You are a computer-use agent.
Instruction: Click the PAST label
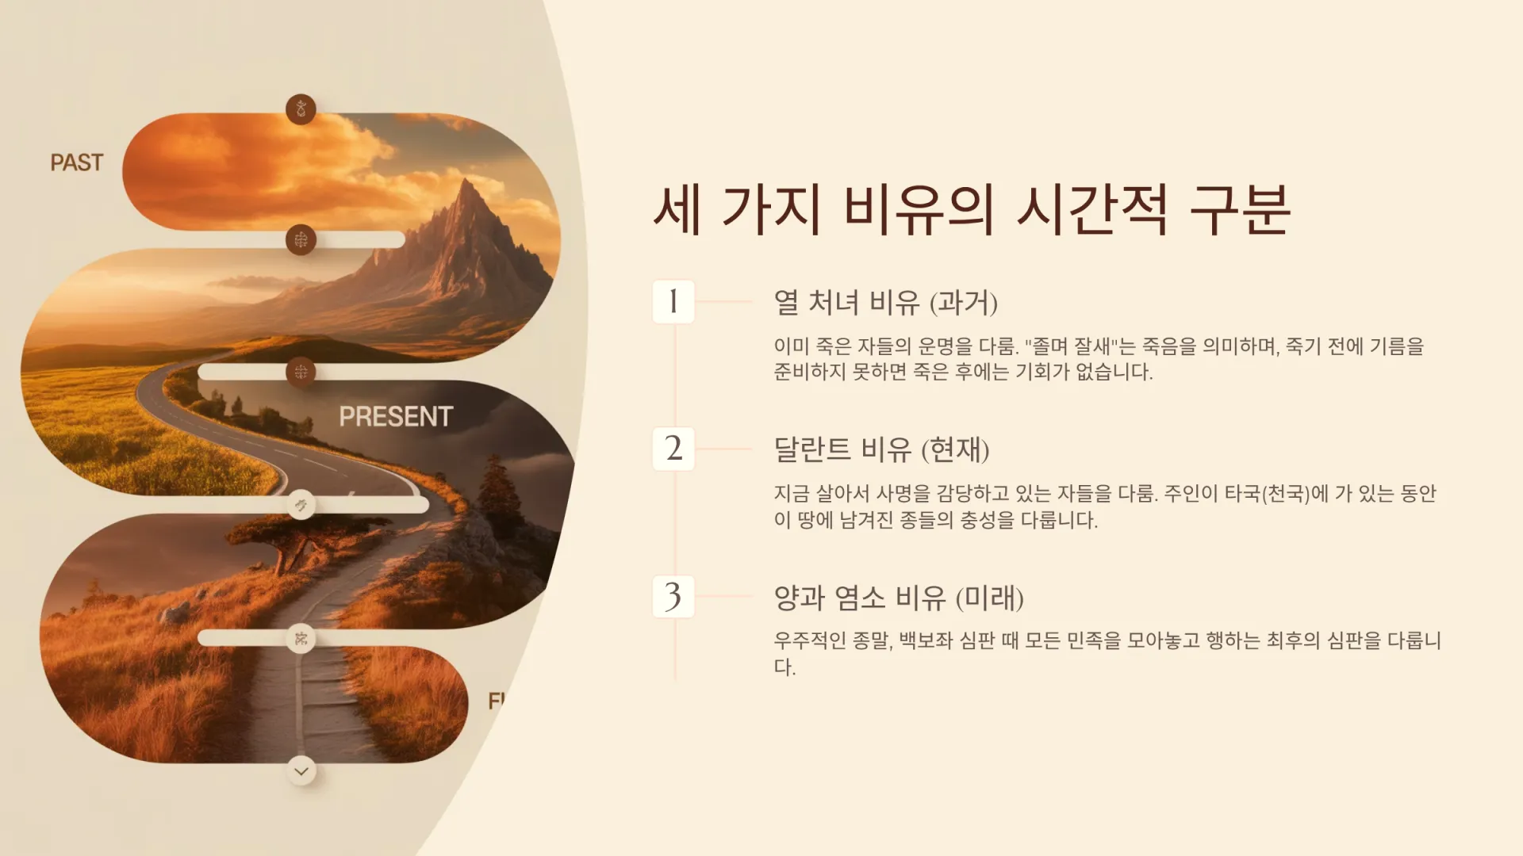pyautogui.click(x=77, y=162)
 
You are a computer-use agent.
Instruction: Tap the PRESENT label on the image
pyautogui.click(x=396, y=416)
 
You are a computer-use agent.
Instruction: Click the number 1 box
pyautogui.click(x=673, y=301)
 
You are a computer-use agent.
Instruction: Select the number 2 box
pyautogui.click(x=673, y=449)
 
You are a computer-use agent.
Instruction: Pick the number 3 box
pyautogui.click(x=673, y=596)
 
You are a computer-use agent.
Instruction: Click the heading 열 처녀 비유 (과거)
pyautogui.click(x=885, y=302)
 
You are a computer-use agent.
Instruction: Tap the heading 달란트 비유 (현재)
pyautogui.click(x=881, y=449)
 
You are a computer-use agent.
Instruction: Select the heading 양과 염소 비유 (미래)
pyautogui.click(x=899, y=597)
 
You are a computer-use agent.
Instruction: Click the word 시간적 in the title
pyautogui.click(x=1092, y=209)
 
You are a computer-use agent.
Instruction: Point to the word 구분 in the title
pyautogui.click(x=1241, y=209)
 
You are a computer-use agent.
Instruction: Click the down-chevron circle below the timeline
pyautogui.click(x=301, y=770)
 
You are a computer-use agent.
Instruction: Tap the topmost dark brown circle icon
pyautogui.click(x=301, y=109)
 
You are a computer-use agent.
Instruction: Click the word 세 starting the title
pyautogui.click(x=677, y=209)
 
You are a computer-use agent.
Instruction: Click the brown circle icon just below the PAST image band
pyautogui.click(x=301, y=239)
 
